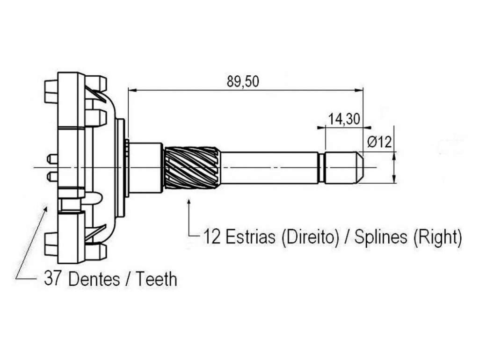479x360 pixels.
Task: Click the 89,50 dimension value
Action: click(243, 81)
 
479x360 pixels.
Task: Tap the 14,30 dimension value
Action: click(344, 119)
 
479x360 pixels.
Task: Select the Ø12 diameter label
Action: click(379, 142)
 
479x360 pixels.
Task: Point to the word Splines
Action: click(380, 237)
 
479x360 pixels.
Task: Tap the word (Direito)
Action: click(310, 238)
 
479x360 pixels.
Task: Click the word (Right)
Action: click(437, 238)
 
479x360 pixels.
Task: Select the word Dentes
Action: click(94, 279)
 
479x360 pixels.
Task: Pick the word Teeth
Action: click(156, 279)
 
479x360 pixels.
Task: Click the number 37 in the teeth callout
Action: click(52, 279)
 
